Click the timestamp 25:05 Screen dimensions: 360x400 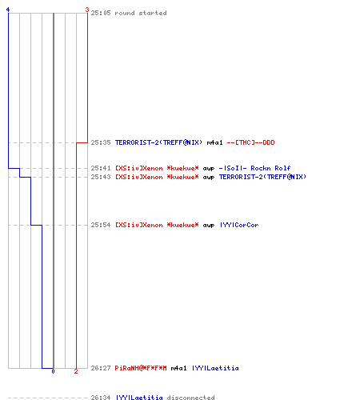[x=101, y=13]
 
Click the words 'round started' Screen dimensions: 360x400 [x=141, y=13]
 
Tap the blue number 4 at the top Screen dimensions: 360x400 [x=8, y=10]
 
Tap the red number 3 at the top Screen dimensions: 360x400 [x=87, y=10]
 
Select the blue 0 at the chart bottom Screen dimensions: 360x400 [x=53, y=371]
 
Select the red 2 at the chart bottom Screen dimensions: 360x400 [x=76, y=371]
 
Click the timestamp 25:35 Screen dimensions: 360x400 [x=101, y=142]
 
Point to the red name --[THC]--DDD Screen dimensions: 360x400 [x=250, y=142]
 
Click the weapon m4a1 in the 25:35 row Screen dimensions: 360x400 [x=214, y=142]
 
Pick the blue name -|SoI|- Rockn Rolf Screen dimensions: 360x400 [x=254, y=168]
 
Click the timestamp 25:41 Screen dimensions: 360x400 [x=101, y=168]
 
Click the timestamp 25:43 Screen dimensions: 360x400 [x=101, y=177]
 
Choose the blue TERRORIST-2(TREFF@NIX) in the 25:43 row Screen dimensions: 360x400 [x=262, y=177]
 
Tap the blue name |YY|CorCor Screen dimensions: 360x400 [x=239, y=225]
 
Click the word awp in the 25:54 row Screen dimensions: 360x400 [x=209, y=226]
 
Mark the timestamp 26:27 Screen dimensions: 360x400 [x=101, y=368]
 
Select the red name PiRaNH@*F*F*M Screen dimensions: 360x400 [x=141, y=368]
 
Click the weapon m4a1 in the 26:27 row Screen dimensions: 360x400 [x=178, y=368]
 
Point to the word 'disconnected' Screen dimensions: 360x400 [x=190, y=398]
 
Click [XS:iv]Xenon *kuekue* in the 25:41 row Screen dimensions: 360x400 [x=157, y=168]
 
